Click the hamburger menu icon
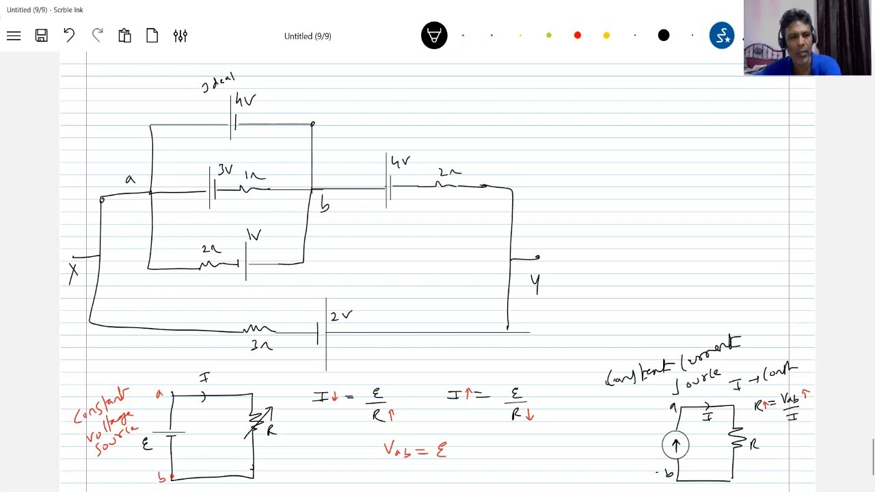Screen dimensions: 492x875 pos(14,36)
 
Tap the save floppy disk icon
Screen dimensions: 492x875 pos(42,36)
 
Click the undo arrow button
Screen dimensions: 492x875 pos(69,36)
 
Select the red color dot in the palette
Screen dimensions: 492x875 pos(578,36)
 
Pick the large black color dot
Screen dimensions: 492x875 pos(664,36)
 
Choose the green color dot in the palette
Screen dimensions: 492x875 pos(549,36)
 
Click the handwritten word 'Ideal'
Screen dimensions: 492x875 pos(219,83)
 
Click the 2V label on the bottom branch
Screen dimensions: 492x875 pos(341,316)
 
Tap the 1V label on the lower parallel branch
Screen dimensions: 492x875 pos(254,236)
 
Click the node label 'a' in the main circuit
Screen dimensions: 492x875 pos(130,180)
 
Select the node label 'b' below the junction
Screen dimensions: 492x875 pos(325,205)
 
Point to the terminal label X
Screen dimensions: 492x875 pos(73,273)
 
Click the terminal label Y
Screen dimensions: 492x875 pos(535,283)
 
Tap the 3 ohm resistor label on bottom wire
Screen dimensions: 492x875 pos(261,346)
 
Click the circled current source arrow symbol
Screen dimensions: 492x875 pos(675,446)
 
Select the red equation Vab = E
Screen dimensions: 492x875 pos(415,449)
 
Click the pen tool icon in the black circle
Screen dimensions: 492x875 pos(434,36)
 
